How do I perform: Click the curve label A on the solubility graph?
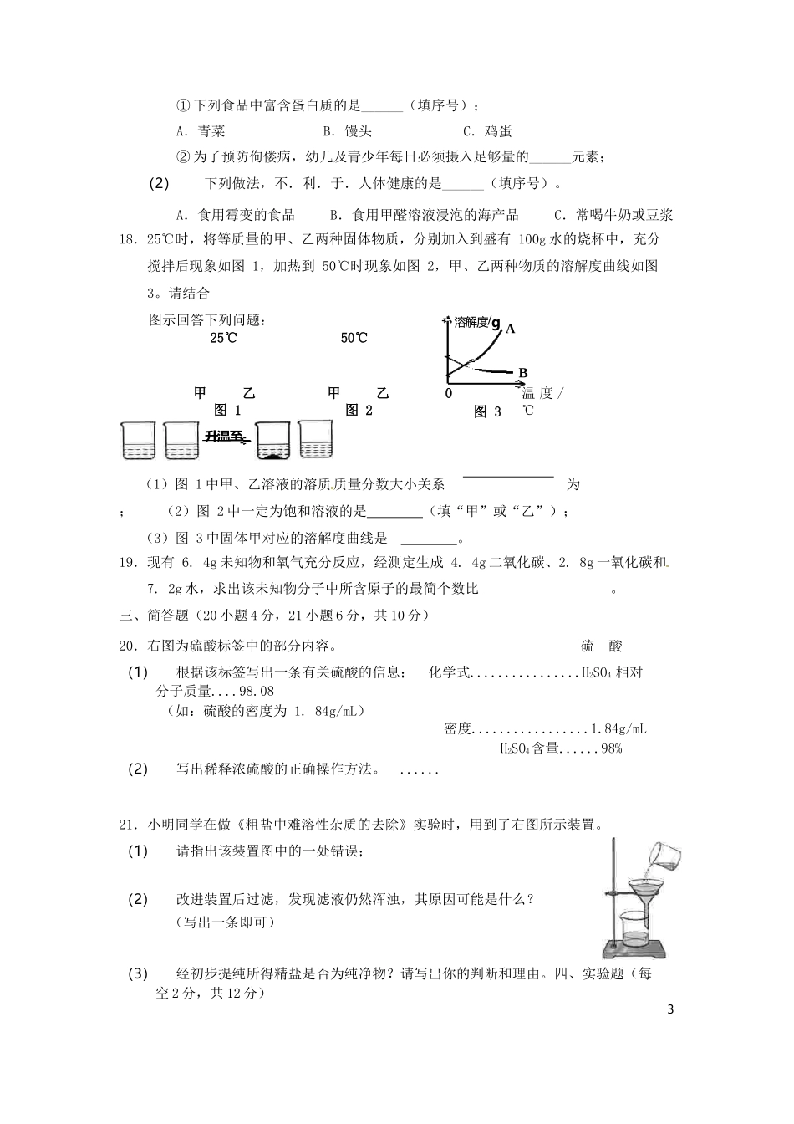click(x=510, y=329)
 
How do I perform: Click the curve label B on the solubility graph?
click(x=523, y=373)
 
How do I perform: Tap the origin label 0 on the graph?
click(x=449, y=393)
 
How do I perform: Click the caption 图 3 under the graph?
click(x=488, y=411)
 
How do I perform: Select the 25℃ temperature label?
click(x=223, y=339)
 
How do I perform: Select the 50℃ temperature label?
click(x=354, y=339)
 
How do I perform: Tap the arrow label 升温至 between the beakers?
click(x=225, y=436)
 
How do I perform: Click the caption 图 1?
click(x=227, y=410)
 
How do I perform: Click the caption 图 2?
click(x=359, y=410)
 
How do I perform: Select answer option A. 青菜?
click(x=201, y=131)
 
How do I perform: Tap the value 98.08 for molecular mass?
click(x=256, y=692)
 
